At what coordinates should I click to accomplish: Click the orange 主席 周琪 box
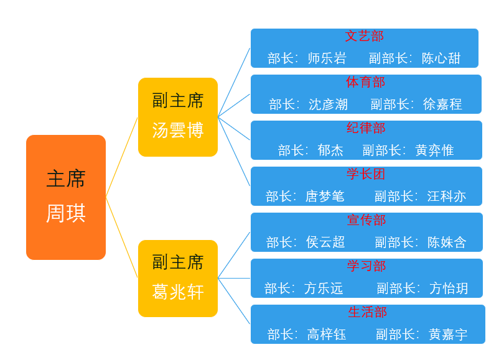(66, 197)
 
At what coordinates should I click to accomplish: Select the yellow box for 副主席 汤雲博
(178, 117)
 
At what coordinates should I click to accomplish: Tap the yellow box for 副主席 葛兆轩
(178, 279)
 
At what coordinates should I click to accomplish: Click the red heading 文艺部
(365, 36)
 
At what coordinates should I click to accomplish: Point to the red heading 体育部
(366, 82)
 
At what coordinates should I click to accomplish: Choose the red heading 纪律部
(366, 128)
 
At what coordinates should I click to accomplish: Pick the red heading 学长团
(366, 174)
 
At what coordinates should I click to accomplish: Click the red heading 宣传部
(366, 220)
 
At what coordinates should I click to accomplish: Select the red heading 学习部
(366, 266)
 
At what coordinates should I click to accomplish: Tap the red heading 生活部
(368, 312)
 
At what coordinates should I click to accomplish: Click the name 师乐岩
(327, 58)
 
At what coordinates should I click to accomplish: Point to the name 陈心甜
(441, 58)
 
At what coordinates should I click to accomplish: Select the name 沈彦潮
(328, 104)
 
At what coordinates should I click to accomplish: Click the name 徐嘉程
(442, 104)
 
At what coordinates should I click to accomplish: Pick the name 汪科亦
(446, 196)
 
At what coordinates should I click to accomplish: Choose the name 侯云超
(325, 242)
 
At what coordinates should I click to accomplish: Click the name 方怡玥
(449, 288)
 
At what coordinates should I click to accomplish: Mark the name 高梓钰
(327, 335)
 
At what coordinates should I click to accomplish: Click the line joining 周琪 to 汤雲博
(121, 157)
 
